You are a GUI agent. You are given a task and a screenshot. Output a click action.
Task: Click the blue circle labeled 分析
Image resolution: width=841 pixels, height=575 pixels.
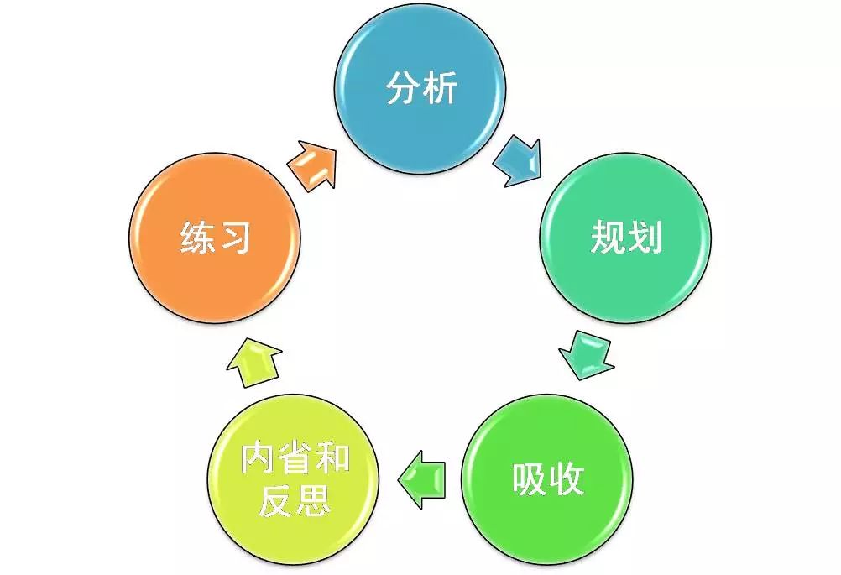point(420,88)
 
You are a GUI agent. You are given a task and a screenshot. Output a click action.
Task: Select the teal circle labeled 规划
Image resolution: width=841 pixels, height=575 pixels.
point(625,238)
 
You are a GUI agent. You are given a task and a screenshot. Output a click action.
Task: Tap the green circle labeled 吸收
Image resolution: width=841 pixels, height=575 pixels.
point(547,479)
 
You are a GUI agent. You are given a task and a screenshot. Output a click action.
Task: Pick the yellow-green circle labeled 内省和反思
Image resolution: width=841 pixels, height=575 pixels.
point(294,479)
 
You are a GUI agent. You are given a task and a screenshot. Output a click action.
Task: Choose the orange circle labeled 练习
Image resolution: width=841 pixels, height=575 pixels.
point(215,238)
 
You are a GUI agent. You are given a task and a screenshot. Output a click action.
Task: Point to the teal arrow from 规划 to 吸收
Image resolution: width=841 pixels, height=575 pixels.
point(586,355)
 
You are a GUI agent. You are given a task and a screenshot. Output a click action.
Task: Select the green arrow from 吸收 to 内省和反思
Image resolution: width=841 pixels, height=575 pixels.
point(421,479)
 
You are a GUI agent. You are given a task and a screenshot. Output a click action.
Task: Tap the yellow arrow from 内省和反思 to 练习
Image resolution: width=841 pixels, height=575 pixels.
point(253,362)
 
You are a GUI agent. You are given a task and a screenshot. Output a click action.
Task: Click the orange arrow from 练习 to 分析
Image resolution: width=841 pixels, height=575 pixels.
point(312,165)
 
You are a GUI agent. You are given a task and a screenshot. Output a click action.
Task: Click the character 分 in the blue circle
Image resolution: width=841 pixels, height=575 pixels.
point(403,87)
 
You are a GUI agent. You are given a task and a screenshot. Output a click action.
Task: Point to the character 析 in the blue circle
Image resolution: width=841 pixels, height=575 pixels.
point(439,87)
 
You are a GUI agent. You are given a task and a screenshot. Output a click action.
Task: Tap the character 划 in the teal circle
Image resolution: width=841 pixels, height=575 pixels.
point(644,237)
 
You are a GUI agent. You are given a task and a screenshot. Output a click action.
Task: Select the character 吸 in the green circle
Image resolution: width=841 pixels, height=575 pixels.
point(530,478)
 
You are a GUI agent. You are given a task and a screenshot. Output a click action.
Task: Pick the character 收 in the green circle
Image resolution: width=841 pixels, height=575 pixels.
point(566,478)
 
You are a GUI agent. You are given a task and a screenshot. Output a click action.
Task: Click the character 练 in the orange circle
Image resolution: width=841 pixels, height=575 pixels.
point(197,237)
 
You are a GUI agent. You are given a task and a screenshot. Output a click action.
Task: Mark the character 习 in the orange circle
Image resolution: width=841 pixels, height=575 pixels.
point(234,237)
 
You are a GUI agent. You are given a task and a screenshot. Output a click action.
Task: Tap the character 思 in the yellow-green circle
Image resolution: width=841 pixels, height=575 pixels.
point(313,499)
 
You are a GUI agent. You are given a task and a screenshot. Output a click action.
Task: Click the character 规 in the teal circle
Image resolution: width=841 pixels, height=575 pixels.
point(608,237)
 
